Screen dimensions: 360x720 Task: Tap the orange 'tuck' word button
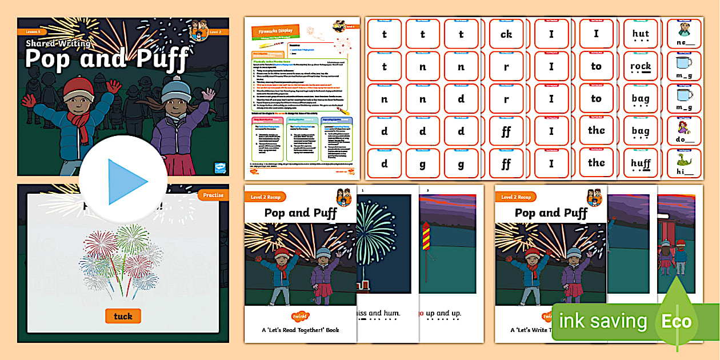coord(123,316)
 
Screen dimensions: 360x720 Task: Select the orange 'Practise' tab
coord(213,195)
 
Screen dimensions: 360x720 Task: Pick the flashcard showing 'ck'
coord(506,34)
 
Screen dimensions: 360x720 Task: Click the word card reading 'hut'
coord(641,35)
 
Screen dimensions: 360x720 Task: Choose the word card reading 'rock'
coord(641,67)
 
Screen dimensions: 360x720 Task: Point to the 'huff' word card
coord(641,165)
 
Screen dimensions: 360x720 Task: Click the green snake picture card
coord(683,158)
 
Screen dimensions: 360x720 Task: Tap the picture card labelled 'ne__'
coord(683,34)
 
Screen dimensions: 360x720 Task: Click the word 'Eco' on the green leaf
coord(677,321)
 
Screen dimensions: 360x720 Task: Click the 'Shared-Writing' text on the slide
coord(58,43)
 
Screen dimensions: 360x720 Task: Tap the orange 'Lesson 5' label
coord(32,31)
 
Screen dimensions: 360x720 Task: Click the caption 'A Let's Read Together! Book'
coord(300,330)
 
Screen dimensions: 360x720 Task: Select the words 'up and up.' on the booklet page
coord(440,313)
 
